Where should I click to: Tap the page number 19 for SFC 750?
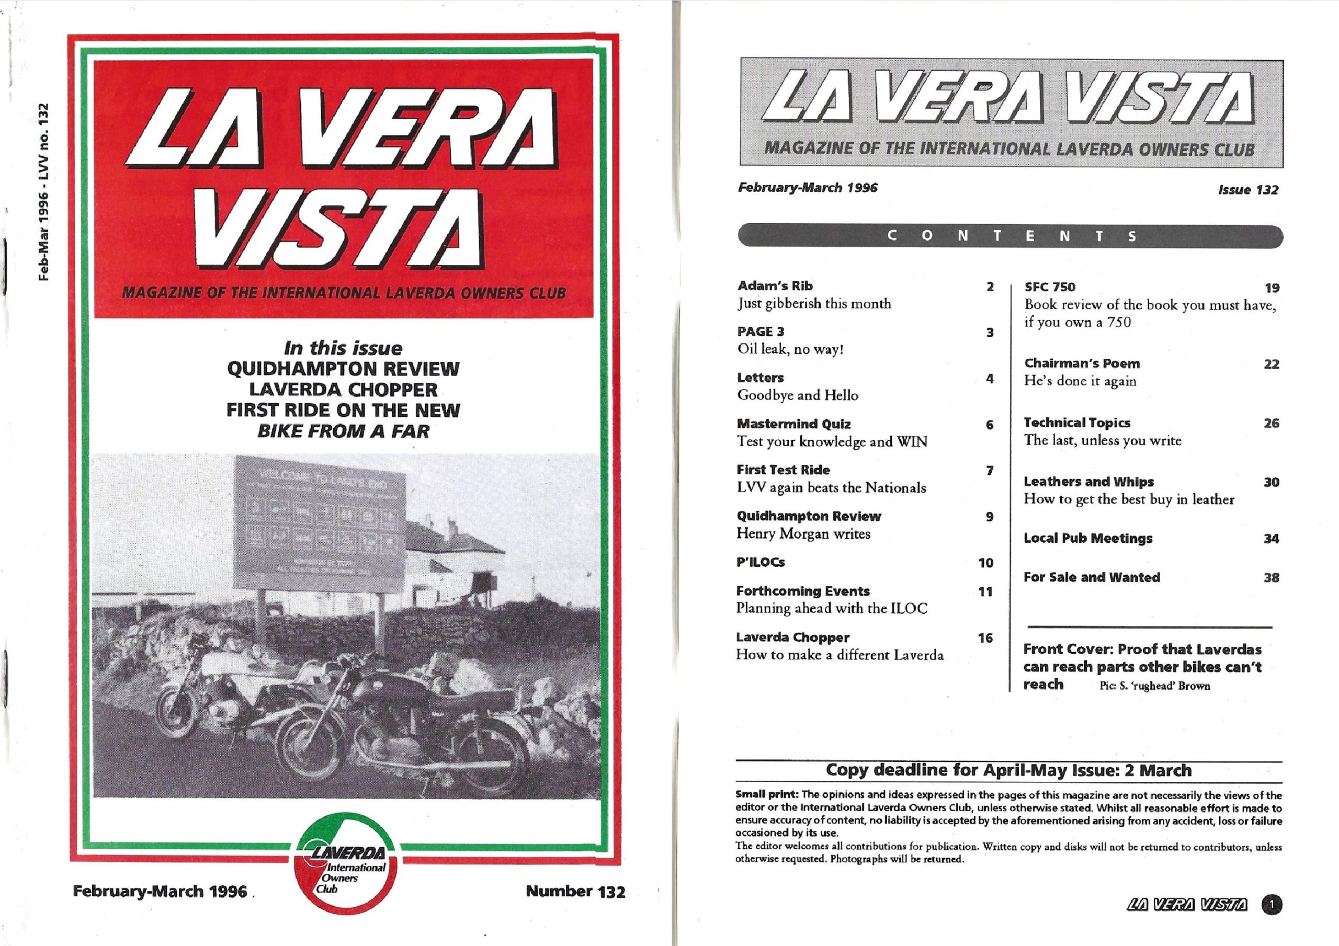pyautogui.click(x=1272, y=288)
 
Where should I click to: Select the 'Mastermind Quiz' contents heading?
pyautogui.click(x=793, y=424)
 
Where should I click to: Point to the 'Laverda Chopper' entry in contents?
pyautogui.click(x=792, y=637)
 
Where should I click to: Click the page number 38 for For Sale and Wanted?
pyautogui.click(x=1272, y=578)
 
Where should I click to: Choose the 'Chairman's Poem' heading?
pyautogui.click(x=1082, y=364)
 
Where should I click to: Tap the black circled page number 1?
pyautogui.click(x=1272, y=905)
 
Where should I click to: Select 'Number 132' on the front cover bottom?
pyautogui.click(x=575, y=891)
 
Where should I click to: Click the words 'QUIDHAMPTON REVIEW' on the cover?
pyautogui.click(x=343, y=369)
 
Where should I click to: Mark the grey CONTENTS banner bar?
pyautogui.click(x=1010, y=236)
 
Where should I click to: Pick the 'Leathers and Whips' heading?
pyautogui.click(x=1088, y=482)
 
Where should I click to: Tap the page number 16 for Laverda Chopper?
pyautogui.click(x=985, y=638)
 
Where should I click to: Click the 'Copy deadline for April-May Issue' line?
pyautogui.click(x=1008, y=770)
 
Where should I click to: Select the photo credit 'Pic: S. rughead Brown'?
pyautogui.click(x=1154, y=687)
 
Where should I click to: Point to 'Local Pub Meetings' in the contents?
pyautogui.click(x=1087, y=538)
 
